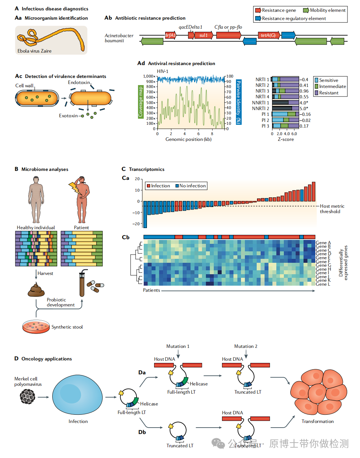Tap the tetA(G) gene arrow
coord(268,35)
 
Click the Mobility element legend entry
coord(325,10)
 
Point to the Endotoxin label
coord(79,83)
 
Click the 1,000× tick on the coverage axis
coord(149,76)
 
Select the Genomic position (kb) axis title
coord(188,139)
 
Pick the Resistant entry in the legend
coord(328,93)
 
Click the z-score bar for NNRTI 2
coord(285,108)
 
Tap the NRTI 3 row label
coord(262,91)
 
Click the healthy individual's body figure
coord(36,200)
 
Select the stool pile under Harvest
coord(36,290)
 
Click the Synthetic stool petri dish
coord(36,326)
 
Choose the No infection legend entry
coord(191,186)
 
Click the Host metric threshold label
coord(332,209)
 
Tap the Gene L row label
coord(323,284)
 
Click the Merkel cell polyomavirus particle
coord(28,397)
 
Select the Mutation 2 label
coord(246,346)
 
